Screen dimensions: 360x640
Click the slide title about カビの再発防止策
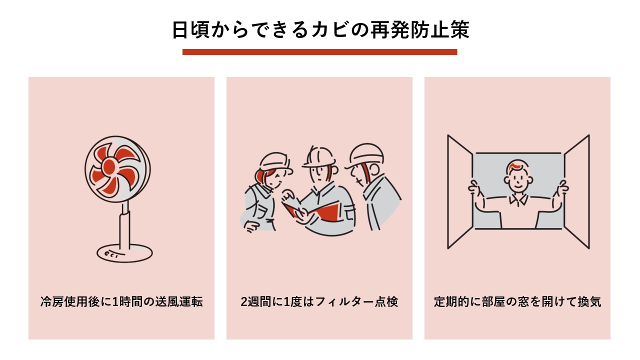(x=320, y=29)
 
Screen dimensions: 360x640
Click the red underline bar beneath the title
(x=319, y=52)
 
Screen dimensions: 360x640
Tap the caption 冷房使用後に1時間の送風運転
(x=121, y=302)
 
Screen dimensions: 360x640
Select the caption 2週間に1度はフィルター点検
(x=319, y=302)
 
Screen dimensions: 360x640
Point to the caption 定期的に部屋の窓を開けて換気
(x=517, y=302)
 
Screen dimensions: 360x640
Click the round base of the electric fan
(x=124, y=253)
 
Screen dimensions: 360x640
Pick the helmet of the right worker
(x=365, y=154)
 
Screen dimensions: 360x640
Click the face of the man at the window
(x=517, y=180)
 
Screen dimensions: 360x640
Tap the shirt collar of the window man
(x=518, y=200)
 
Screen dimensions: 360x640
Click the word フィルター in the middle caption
(x=344, y=302)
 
